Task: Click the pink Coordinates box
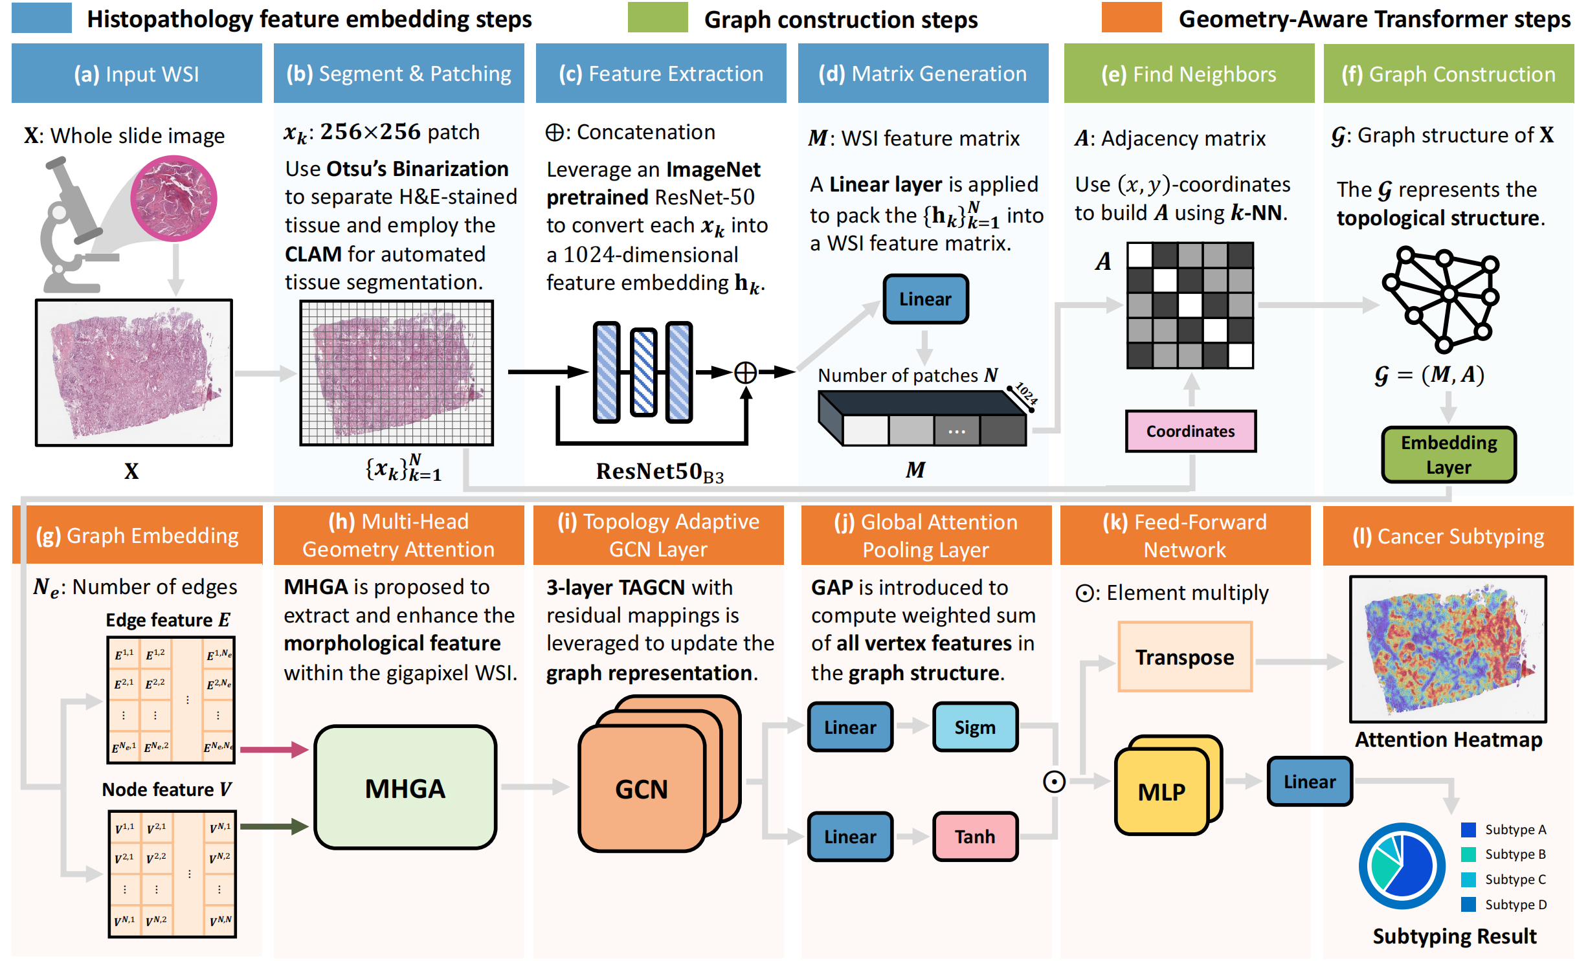(x=1190, y=431)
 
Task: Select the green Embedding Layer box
(x=1448, y=454)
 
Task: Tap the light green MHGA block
(x=405, y=788)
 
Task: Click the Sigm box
(x=975, y=727)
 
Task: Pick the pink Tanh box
(x=975, y=836)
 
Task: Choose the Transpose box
(x=1185, y=657)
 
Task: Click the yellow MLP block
(x=1162, y=791)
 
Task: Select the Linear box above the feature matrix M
(x=925, y=299)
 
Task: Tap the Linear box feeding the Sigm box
(x=850, y=727)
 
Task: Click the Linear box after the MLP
(x=1309, y=782)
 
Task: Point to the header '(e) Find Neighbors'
(x=1189, y=74)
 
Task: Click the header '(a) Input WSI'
(x=137, y=74)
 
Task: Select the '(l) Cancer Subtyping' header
(x=1448, y=536)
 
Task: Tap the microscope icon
(x=71, y=226)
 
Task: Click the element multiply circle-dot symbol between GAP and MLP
(x=1054, y=782)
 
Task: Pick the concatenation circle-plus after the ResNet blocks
(x=746, y=372)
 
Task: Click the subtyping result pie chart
(x=1402, y=866)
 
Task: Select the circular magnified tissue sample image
(x=173, y=198)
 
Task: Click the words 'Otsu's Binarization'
(x=418, y=169)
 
